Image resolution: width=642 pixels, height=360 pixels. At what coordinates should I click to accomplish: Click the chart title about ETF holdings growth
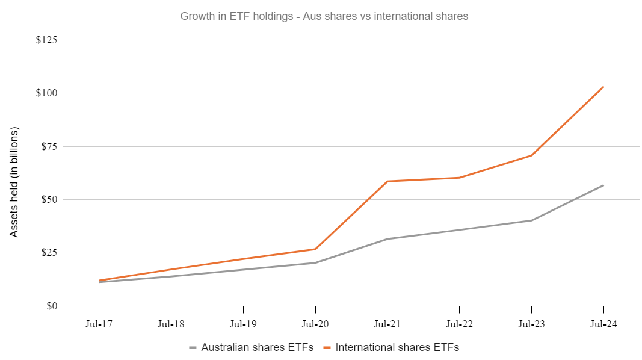324,16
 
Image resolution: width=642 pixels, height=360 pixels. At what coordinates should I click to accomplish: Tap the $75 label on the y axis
49,146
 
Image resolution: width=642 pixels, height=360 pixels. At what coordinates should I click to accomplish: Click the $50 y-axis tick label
49,199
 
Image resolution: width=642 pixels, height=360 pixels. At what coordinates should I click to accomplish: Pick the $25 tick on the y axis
49,253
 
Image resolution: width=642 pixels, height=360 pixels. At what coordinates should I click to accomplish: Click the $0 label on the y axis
51,306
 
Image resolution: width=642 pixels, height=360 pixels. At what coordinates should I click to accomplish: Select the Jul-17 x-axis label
99,324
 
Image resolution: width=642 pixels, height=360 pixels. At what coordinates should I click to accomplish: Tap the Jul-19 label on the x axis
243,324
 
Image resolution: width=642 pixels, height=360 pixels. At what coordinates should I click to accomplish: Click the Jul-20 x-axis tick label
315,324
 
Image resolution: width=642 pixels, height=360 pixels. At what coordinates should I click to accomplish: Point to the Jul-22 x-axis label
459,324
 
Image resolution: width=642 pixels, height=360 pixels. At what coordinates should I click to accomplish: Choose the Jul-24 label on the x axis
603,324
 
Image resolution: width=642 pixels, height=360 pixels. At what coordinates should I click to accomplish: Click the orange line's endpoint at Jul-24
603,87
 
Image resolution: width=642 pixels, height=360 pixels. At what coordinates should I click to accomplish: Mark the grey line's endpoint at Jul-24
603,185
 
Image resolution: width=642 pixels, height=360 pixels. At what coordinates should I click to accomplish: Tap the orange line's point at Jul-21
387,181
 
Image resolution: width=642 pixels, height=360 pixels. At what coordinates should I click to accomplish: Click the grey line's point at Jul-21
387,239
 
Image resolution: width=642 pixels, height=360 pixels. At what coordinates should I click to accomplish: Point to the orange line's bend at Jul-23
531,155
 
